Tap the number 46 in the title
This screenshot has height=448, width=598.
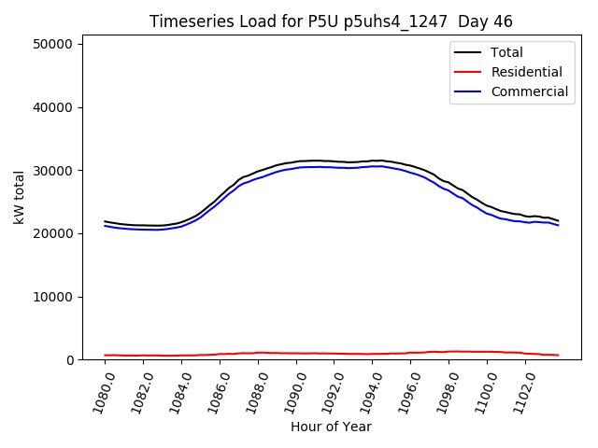click(x=504, y=21)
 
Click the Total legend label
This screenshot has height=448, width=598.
click(x=507, y=52)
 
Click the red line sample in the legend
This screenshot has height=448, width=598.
click(x=469, y=72)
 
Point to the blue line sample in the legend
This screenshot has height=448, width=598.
click(x=469, y=91)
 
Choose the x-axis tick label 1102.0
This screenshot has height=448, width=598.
click(x=520, y=387)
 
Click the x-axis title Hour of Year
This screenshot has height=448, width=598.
click(x=331, y=427)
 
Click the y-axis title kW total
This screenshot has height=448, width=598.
click(x=19, y=198)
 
